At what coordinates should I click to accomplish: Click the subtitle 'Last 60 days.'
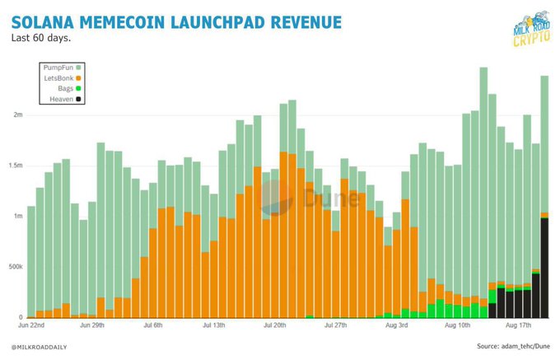(40, 37)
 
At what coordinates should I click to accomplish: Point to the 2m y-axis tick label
(16, 115)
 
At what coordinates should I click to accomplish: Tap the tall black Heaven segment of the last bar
(545, 268)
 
